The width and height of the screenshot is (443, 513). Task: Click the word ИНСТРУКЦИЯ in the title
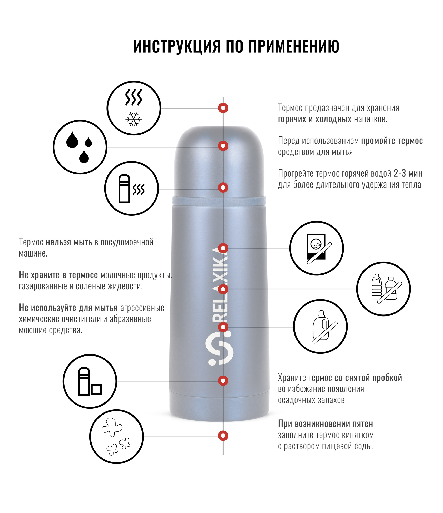pos(177,46)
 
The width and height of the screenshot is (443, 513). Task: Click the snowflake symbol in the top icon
pos(134,119)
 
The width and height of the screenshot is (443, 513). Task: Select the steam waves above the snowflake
pos(133,97)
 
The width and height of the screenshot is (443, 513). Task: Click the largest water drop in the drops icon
pos(72,140)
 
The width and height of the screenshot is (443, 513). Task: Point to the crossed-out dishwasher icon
pos(317,248)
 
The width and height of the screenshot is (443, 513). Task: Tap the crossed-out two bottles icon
pos(383,289)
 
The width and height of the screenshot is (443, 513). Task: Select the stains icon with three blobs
pos(116,436)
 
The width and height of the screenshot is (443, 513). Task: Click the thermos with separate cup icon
pos(90,381)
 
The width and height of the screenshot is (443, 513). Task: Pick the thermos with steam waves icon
pos(132,189)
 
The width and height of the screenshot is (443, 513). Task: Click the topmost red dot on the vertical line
pos(223,108)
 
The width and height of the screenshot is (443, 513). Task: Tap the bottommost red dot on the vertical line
pos(223,436)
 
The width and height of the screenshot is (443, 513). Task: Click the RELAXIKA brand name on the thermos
pos(219,285)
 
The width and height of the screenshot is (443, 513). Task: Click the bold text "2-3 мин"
pos(408,174)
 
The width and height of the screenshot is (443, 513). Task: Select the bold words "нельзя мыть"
pos(69,242)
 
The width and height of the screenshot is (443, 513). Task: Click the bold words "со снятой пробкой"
pos(368,378)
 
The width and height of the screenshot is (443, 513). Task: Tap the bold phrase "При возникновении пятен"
pos(325,424)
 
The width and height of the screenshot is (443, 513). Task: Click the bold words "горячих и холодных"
pos(314,119)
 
